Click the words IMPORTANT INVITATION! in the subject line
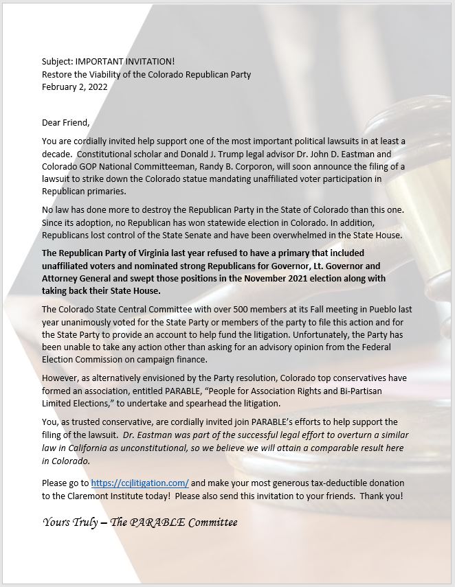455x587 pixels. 121,62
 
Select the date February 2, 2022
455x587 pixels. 74,87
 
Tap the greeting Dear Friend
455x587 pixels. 66,123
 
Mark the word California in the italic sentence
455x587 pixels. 94,448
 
